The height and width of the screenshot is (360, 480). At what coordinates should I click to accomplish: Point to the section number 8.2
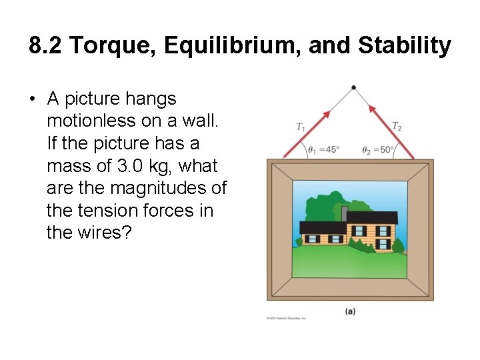46,46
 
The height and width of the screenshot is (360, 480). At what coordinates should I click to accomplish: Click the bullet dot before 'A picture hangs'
32,99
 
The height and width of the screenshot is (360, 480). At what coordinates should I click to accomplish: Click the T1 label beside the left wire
301,127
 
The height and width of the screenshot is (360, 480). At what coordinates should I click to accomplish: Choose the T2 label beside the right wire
397,125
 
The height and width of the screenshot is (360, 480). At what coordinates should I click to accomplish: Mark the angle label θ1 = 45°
323,150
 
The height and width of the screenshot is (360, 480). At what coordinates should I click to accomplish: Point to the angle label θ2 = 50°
378,150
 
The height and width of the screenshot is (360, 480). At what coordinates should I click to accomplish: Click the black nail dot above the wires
353,87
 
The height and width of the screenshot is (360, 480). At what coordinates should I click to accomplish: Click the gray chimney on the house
345,212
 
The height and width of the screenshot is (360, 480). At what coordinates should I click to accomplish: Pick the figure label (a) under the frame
350,311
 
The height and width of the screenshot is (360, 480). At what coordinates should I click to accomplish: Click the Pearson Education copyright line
287,318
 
